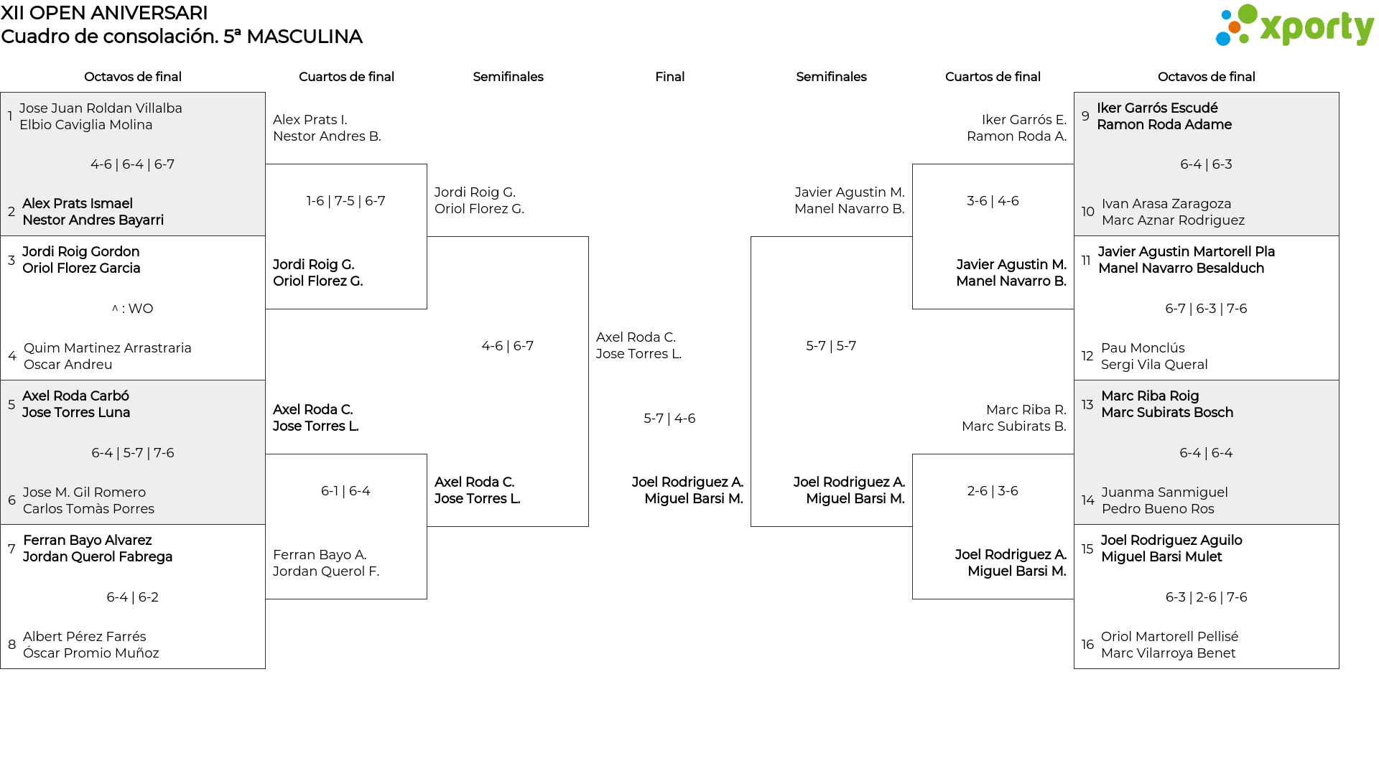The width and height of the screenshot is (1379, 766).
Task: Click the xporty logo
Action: [1294, 26]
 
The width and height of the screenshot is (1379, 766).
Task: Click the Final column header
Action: [669, 77]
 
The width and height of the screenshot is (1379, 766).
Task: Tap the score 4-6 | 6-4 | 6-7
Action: [133, 164]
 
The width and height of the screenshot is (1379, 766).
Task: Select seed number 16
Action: [1087, 645]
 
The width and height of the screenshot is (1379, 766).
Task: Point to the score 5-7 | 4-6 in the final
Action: [669, 419]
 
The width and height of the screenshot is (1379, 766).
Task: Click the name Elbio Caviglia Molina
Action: [86, 125]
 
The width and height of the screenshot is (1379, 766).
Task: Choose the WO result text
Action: [133, 309]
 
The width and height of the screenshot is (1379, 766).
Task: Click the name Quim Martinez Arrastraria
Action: [108, 348]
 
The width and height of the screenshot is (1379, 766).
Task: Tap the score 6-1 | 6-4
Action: [345, 491]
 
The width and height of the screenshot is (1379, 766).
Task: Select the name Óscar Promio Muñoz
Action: [91, 653]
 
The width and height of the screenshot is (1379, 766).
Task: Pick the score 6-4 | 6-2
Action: [133, 597]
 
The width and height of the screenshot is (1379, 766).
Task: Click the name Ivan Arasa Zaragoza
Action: [1166, 204]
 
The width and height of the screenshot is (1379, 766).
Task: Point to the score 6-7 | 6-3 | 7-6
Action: [1206, 309]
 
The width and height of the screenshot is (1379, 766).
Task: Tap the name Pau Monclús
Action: [1143, 348]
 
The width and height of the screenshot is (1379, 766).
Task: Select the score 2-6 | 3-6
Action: [993, 491]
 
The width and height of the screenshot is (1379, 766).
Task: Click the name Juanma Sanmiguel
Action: [1165, 492]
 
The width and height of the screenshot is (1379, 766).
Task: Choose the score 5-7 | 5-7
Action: [831, 346]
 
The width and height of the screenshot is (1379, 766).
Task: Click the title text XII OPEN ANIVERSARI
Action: [104, 13]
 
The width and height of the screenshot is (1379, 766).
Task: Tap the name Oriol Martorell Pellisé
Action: [1170, 637]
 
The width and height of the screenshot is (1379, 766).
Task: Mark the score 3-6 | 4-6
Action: [993, 201]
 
